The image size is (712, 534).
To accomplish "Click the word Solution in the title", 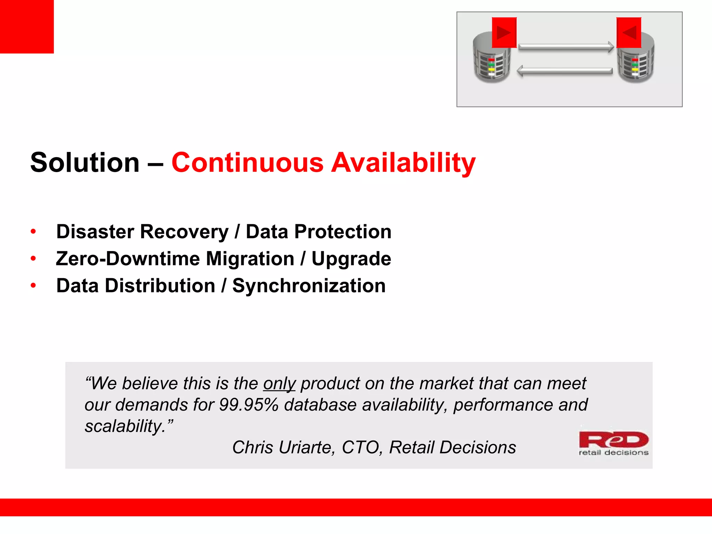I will tap(85, 162).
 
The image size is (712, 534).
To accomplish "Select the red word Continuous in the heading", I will tap(248, 162).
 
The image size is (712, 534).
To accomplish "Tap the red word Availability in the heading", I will tap(403, 163).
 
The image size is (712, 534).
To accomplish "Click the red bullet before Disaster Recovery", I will tap(33, 232).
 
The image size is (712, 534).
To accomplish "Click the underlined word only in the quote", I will tap(279, 383).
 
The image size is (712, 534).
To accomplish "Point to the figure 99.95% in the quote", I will tap(249, 405).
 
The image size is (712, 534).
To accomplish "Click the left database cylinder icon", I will tap(491, 62).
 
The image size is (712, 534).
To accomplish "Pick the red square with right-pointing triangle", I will tap(504, 33).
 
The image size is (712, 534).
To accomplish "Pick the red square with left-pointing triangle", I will tap(629, 33).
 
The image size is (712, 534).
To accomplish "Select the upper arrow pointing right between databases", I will tap(566, 47).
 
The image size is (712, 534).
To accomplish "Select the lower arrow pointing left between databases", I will tap(565, 71).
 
